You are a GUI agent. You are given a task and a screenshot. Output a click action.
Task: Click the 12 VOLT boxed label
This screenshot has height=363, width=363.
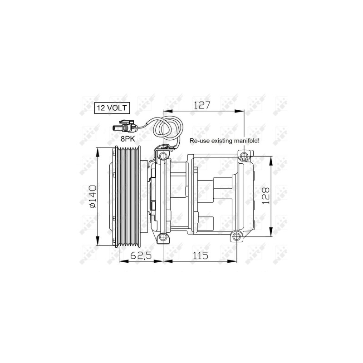coord(112,108)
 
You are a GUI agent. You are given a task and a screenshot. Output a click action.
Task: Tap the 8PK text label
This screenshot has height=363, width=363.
coord(128,139)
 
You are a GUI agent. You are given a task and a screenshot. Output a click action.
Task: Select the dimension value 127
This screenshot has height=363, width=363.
coord(202,105)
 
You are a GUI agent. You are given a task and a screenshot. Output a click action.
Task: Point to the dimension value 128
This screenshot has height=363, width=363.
coord(266,196)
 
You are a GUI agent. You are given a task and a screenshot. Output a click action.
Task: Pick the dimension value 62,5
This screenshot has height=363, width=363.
coord(141,255)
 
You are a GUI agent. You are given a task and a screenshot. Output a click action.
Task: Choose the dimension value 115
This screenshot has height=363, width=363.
coord(201,255)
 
